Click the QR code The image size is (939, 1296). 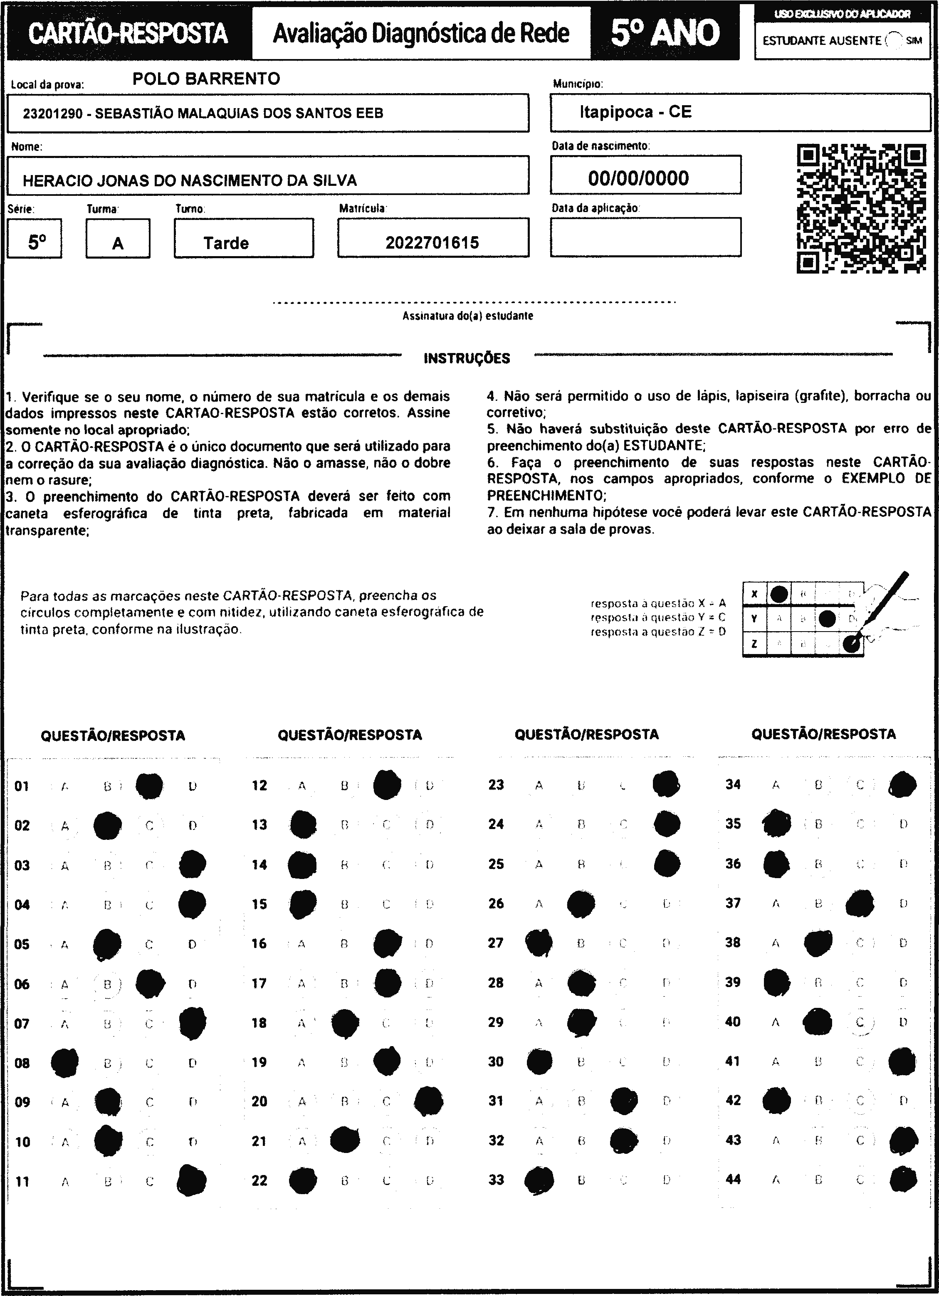click(861, 209)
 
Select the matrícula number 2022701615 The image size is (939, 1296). click(432, 243)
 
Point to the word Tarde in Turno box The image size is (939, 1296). click(226, 243)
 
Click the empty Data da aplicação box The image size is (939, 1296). click(645, 237)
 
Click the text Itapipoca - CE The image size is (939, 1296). click(635, 111)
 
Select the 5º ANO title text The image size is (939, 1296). click(665, 32)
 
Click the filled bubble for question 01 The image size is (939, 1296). click(149, 786)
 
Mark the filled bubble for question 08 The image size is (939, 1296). click(64, 1063)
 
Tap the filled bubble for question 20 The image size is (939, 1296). click(429, 1101)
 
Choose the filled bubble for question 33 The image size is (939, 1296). click(539, 1180)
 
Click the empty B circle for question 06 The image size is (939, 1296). click(107, 984)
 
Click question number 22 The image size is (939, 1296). click(259, 1180)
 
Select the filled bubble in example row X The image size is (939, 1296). click(778, 594)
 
